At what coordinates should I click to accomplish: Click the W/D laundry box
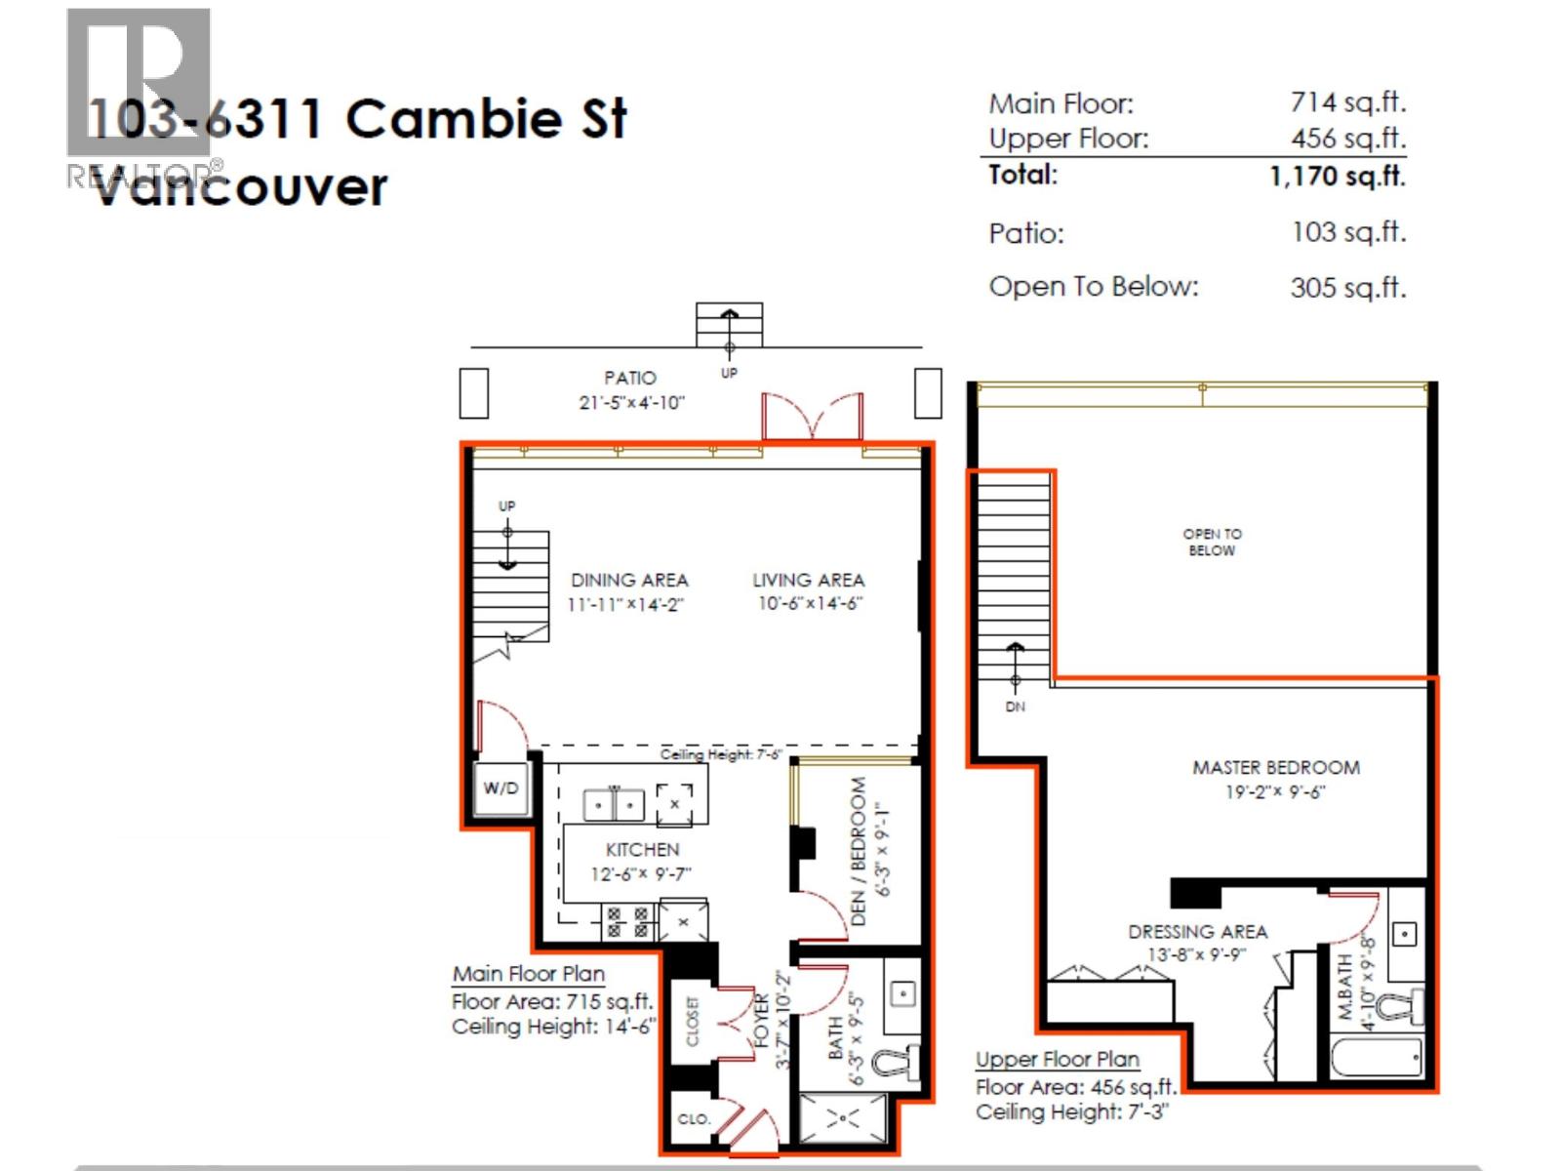pyautogui.click(x=501, y=788)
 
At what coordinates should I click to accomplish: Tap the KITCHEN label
pyautogui.click(x=642, y=850)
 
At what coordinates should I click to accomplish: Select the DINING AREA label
pyautogui.click(x=629, y=581)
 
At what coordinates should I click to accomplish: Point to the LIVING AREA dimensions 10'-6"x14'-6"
pyautogui.click(x=810, y=604)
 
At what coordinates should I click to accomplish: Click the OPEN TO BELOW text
pyautogui.click(x=1212, y=543)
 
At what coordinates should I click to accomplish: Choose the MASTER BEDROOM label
pyautogui.click(x=1276, y=768)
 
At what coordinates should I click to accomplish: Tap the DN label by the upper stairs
pyautogui.click(x=1016, y=707)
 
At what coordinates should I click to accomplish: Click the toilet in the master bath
pyautogui.click(x=1406, y=1004)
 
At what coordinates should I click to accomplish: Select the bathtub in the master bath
pyautogui.click(x=1377, y=1057)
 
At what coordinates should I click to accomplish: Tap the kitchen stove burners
pyautogui.click(x=627, y=922)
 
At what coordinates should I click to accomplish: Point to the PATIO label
pyautogui.click(x=629, y=378)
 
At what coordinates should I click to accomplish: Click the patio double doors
pyautogui.click(x=812, y=418)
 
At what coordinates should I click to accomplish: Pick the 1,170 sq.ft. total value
pyautogui.click(x=1337, y=177)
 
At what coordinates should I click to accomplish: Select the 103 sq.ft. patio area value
pyautogui.click(x=1348, y=232)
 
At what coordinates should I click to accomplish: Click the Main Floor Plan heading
pyautogui.click(x=528, y=974)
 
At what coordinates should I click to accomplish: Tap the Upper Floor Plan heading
pyautogui.click(x=1058, y=1060)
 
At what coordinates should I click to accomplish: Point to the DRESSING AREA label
pyautogui.click(x=1197, y=932)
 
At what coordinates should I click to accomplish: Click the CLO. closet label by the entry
pyautogui.click(x=694, y=1119)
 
